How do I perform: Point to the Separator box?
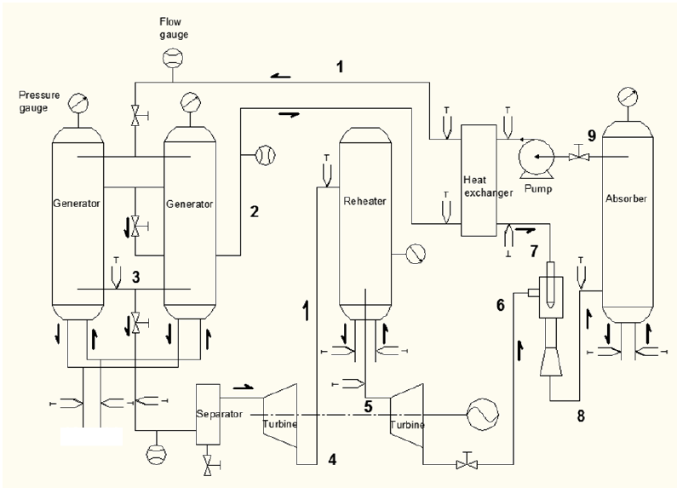coord(209,413)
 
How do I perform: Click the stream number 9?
coord(591,135)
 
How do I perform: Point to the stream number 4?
coord(333,460)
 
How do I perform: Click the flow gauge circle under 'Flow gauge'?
coord(173,59)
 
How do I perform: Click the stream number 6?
coord(501,303)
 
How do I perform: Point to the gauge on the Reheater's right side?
coord(414,253)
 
